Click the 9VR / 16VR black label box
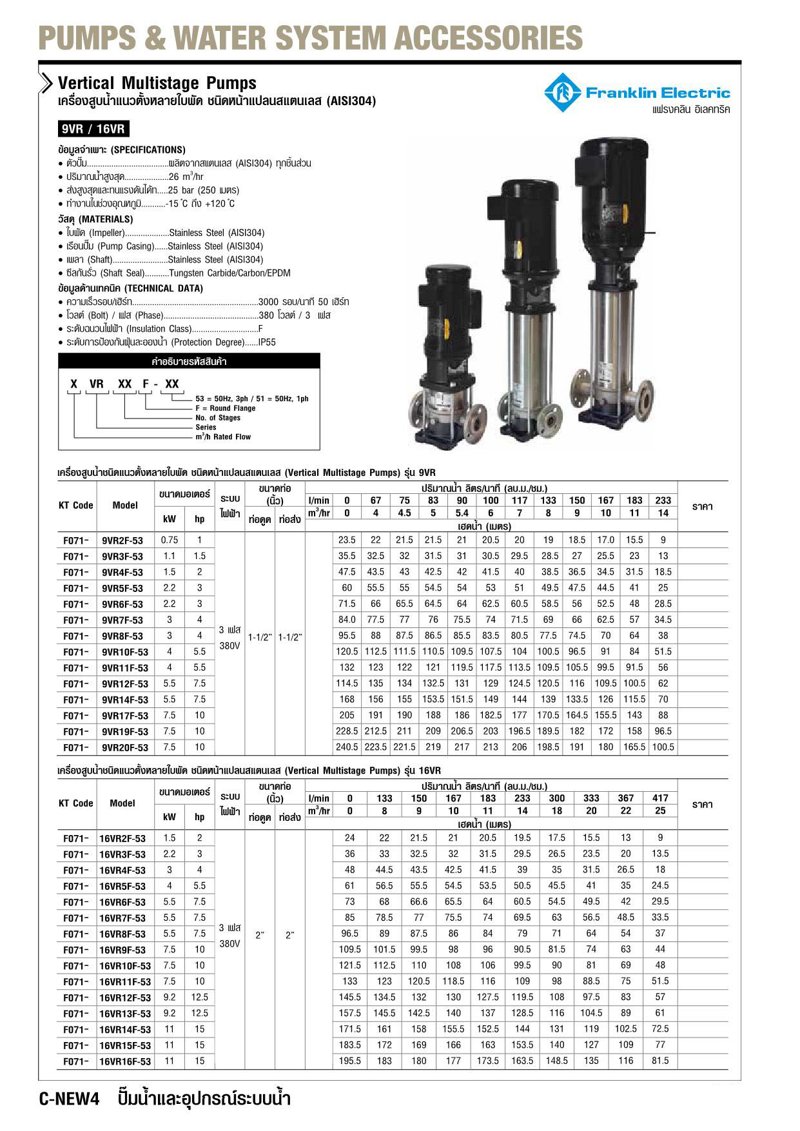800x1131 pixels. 92,129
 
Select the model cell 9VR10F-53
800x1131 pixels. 125,652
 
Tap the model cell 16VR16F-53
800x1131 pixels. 125,1061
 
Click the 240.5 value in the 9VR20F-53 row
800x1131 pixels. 347,747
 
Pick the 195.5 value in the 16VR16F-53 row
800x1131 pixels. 349,1061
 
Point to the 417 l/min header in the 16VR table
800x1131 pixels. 660,798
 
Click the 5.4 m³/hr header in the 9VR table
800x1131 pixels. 462,513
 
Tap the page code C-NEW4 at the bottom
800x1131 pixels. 70,1099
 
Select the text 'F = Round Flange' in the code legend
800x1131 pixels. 226,408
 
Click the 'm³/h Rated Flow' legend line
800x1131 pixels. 223,437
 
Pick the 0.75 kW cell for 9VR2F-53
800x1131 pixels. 170,540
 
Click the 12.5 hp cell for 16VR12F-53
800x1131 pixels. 200,998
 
